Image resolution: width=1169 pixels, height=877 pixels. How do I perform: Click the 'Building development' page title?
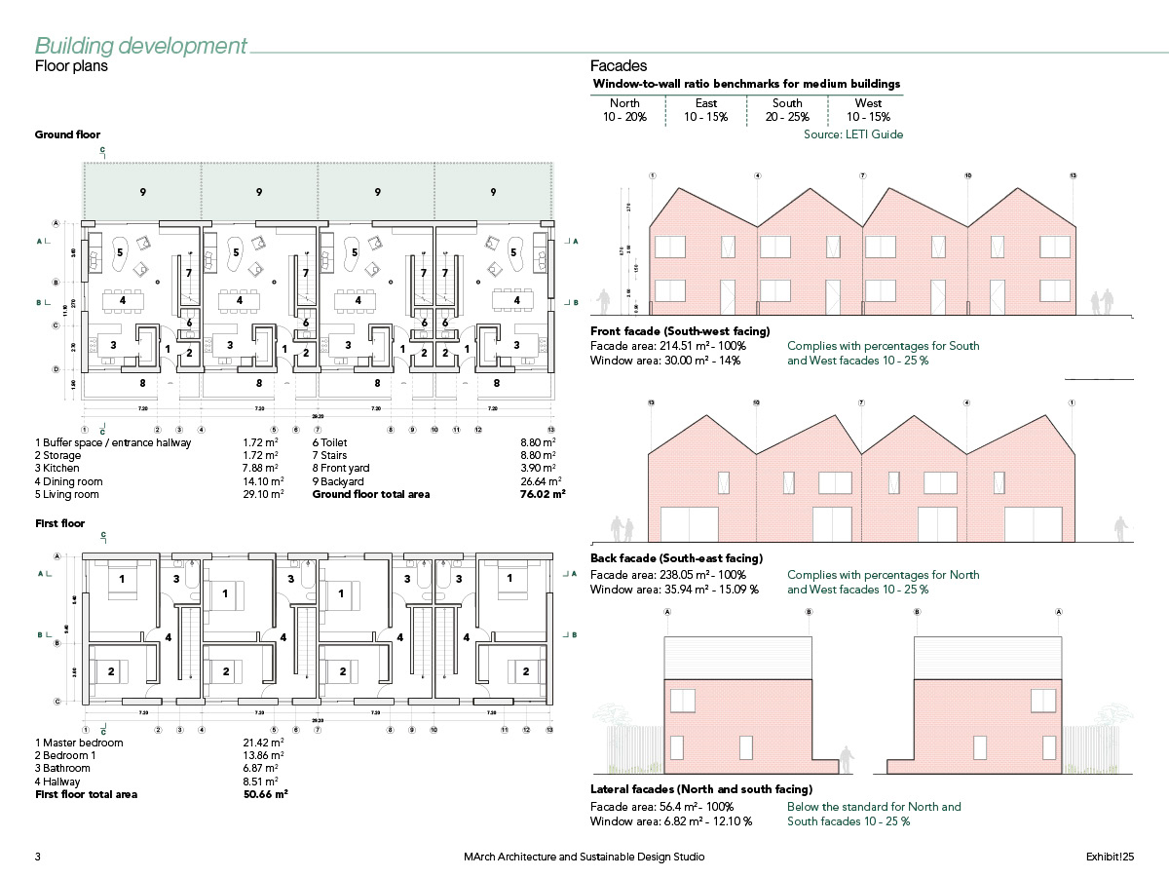point(141,46)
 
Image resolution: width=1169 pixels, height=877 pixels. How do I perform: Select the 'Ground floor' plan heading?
point(67,134)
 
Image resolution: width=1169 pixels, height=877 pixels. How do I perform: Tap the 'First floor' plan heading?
point(59,523)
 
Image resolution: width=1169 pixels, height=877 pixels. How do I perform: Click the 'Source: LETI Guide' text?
point(852,134)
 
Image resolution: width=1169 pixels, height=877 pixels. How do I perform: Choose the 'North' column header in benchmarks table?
point(624,103)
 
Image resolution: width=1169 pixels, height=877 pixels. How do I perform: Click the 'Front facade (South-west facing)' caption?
point(680,331)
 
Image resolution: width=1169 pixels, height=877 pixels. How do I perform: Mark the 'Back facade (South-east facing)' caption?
point(676,558)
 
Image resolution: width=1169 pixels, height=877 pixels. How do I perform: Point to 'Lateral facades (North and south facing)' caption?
point(701,789)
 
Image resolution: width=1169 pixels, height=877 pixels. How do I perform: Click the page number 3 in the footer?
point(38,857)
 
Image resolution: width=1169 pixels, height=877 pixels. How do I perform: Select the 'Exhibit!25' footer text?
point(1111,857)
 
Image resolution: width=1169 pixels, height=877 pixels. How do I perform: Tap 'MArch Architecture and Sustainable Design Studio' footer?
point(584,857)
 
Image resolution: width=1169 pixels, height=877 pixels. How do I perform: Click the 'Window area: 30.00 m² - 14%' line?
point(665,361)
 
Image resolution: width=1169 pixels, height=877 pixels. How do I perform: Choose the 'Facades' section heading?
point(619,66)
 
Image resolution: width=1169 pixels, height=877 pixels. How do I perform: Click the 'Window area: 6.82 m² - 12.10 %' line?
point(671,821)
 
